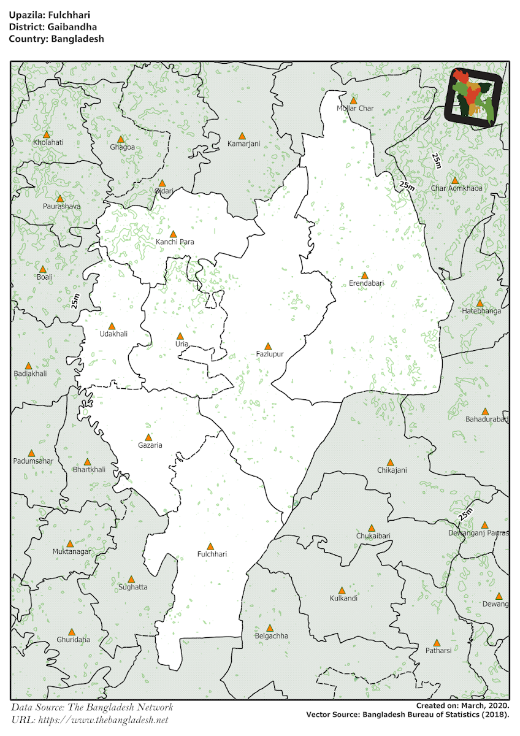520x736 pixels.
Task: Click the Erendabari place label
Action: pyautogui.click(x=366, y=283)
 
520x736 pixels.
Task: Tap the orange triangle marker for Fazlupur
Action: pyautogui.click(x=268, y=347)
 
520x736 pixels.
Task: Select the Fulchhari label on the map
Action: pyautogui.click(x=212, y=554)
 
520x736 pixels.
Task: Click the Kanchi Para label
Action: pyautogui.click(x=175, y=242)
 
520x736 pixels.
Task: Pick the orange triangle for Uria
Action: pyautogui.click(x=180, y=336)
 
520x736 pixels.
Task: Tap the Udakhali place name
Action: pyautogui.click(x=113, y=334)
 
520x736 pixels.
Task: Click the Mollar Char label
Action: pyautogui.click(x=355, y=109)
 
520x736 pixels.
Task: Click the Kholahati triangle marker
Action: pyautogui.click(x=47, y=134)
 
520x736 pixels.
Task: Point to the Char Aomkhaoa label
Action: pyautogui.click(x=456, y=188)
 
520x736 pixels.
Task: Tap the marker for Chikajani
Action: pyautogui.click(x=391, y=462)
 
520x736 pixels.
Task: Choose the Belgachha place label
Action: pyautogui.click(x=271, y=636)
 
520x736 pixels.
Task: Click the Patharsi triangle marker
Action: pyautogui.click(x=437, y=643)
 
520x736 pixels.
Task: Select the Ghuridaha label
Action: pyautogui.click(x=73, y=640)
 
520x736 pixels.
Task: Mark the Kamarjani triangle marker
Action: pyautogui.click(x=242, y=136)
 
